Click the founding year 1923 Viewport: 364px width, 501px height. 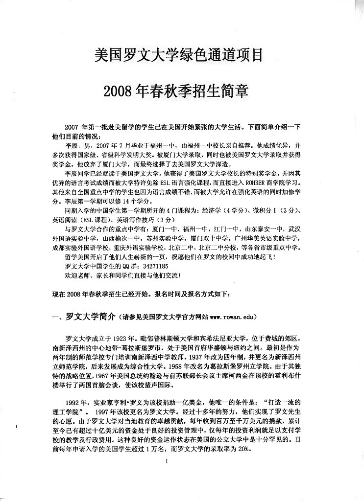(x=118, y=338)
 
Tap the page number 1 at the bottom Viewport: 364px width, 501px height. (x=168, y=462)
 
